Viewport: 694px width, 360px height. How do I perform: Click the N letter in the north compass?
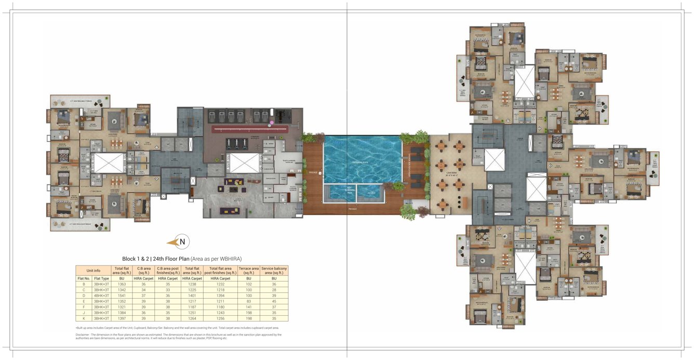pos(182,242)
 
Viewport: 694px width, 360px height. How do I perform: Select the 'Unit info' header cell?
pos(94,271)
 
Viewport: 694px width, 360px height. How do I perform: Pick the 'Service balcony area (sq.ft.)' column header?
pos(274,271)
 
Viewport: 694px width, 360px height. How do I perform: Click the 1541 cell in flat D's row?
pos(122,296)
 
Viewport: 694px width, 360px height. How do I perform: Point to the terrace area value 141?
pos(248,307)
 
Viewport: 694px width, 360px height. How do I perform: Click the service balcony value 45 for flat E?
pos(274,301)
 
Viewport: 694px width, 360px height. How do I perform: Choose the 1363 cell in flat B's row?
pos(122,284)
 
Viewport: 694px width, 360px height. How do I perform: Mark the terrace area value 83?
pos(248,301)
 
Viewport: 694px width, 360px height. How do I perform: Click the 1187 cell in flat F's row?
pos(192,307)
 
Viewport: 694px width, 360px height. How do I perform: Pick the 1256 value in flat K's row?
pos(220,318)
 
